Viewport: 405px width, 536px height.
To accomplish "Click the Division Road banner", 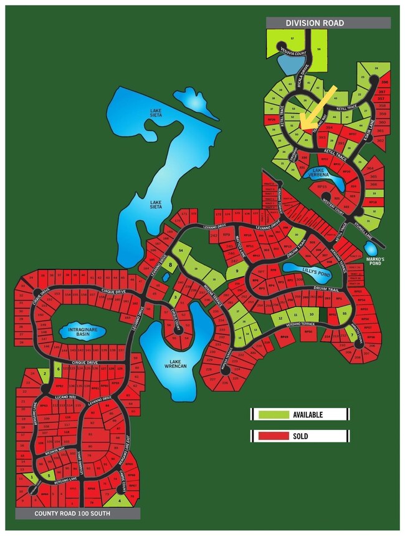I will click(x=328, y=23).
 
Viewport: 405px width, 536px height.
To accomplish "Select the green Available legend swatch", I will click(x=272, y=414).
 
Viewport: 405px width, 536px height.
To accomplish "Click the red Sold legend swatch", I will click(x=272, y=436).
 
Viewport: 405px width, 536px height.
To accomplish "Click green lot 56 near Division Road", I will click(x=319, y=50).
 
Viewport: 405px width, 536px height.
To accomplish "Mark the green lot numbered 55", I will click(x=344, y=313).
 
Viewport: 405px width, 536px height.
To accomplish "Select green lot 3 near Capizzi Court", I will click(x=176, y=298).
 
